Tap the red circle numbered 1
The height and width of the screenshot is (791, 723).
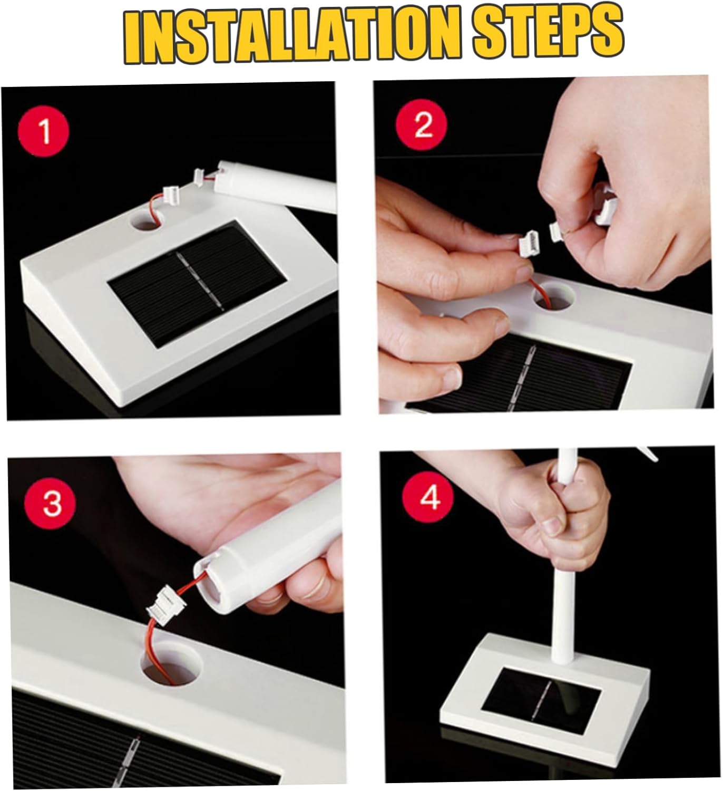pyautogui.click(x=43, y=131)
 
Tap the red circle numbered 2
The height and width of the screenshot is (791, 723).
pyautogui.click(x=422, y=125)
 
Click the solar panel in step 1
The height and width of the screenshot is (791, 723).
pyautogui.click(x=197, y=284)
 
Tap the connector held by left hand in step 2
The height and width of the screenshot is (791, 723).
pyautogui.click(x=528, y=245)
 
